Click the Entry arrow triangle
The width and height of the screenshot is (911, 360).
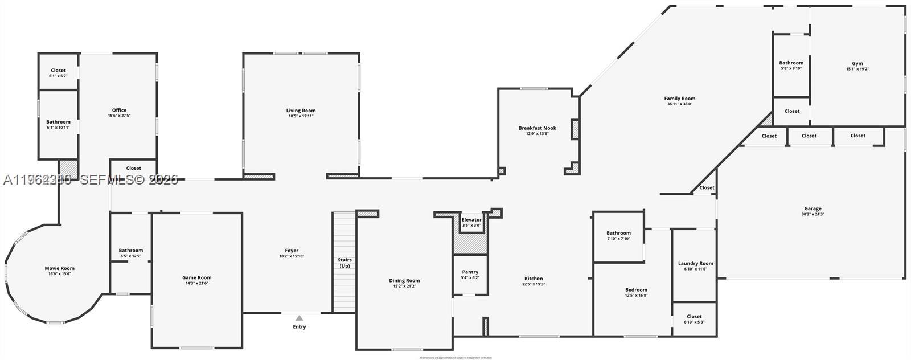point(299,318)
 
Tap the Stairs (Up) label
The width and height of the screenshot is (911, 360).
point(344,263)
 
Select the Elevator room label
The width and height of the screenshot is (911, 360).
point(471,219)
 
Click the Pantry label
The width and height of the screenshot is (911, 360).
point(470,272)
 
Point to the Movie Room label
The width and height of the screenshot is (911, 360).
point(60,268)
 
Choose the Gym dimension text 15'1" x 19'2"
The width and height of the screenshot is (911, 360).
point(857,69)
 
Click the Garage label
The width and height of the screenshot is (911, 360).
point(812,208)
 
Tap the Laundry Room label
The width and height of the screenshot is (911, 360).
point(695,263)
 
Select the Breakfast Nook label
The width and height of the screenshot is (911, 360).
point(537,128)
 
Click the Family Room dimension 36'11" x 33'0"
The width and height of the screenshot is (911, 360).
point(679,104)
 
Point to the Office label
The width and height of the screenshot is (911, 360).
point(119,110)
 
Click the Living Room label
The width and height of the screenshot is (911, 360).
point(301,111)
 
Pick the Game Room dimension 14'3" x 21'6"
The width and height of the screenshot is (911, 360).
point(196,283)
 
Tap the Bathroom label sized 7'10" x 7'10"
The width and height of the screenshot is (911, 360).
point(618,233)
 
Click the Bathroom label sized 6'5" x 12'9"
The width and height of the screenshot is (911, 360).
point(131,250)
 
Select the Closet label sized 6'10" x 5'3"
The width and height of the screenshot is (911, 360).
point(694,316)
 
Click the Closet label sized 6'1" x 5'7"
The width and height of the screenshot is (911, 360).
point(58,71)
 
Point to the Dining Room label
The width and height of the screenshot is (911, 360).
point(404,280)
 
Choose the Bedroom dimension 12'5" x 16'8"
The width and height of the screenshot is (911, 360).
point(636,295)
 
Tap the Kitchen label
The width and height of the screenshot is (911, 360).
point(534,279)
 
